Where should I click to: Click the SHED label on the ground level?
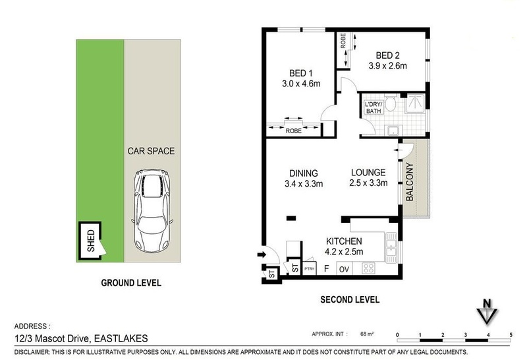[x=91, y=241]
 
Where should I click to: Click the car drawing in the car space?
[x=152, y=211]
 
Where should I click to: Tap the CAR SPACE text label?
[x=151, y=151]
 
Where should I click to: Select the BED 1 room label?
[x=301, y=73]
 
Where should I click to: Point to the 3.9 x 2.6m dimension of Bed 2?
[x=387, y=66]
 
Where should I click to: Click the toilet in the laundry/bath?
[x=390, y=103]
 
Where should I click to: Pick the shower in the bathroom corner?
[x=415, y=103]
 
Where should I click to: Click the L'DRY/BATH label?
[x=374, y=107]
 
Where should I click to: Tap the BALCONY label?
[x=409, y=182]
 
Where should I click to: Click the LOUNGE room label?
[x=368, y=173]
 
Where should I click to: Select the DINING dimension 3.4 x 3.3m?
[x=304, y=184]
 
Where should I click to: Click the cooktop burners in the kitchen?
[x=368, y=268]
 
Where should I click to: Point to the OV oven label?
[x=344, y=270]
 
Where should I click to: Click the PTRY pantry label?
[x=309, y=268]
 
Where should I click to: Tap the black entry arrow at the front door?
[x=262, y=255]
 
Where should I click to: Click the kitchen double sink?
[x=391, y=248]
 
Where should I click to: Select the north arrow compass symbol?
[x=487, y=311]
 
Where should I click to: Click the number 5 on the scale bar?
[x=511, y=335]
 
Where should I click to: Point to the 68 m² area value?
[x=367, y=334]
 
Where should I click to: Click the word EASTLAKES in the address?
[x=121, y=338]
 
